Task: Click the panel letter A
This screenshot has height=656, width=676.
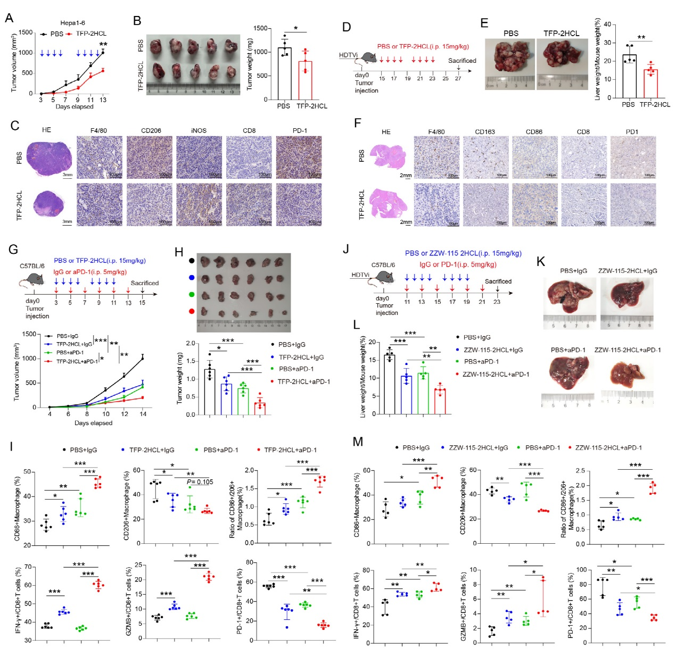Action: click(9, 18)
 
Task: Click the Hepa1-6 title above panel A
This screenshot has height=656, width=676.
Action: click(72, 23)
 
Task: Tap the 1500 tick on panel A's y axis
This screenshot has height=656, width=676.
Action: click(26, 32)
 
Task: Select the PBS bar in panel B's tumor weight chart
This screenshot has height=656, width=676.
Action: click(284, 73)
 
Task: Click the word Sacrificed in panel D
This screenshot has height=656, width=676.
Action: click(461, 61)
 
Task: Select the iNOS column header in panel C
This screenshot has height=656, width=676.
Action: click(199, 130)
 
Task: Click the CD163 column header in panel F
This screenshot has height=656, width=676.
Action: click(485, 131)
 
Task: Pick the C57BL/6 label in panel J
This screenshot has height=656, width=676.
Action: click(383, 264)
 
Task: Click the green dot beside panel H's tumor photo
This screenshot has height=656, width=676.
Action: click(192, 294)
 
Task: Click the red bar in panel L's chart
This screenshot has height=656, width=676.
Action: click(440, 401)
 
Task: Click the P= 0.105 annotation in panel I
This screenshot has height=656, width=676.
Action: click(200, 482)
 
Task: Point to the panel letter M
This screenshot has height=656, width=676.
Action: click(358, 442)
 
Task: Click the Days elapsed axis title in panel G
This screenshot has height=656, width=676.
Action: click(93, 423)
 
